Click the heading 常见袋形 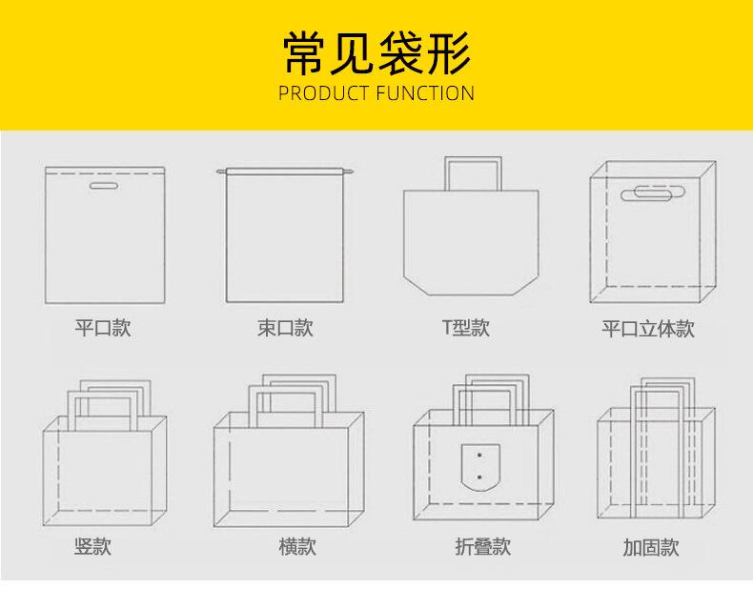click(376, 53)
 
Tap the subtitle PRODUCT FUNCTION click(376, 93)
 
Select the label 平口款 click(103, 328)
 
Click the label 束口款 click(285, 328)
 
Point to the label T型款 click(465, 328)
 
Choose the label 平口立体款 click(648, 329)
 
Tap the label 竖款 click(93, 546)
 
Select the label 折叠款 click(482, 546)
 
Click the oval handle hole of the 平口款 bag click(103, 187)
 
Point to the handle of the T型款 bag click(473, 170)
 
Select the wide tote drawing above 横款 click(289, 467)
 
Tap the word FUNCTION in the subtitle click(425, 93)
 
